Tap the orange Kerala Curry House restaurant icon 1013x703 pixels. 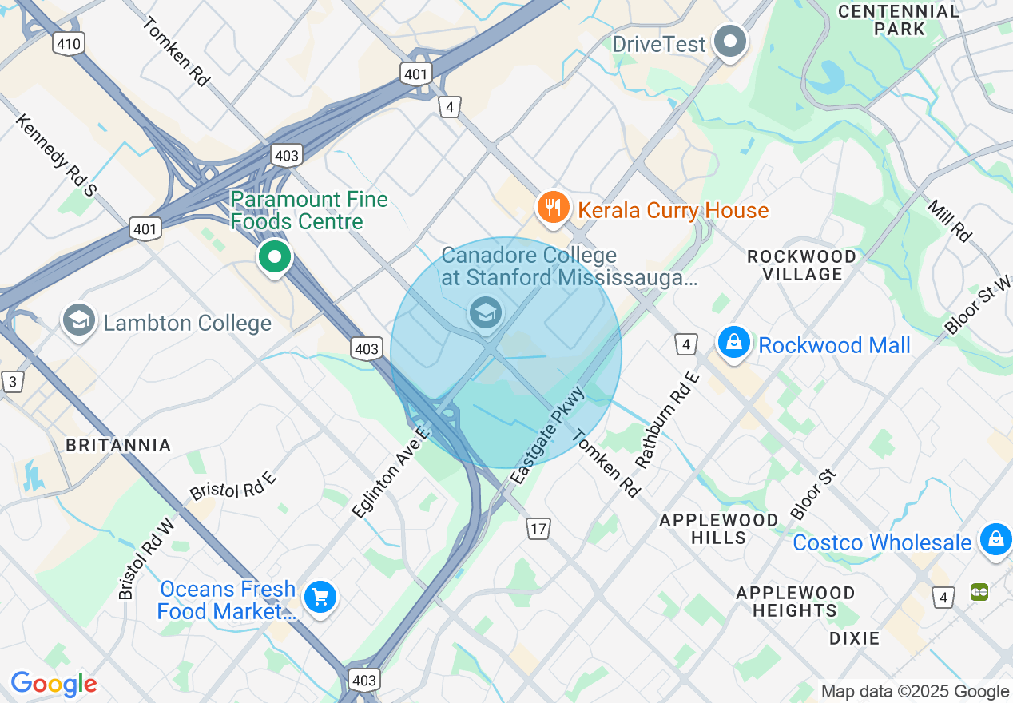[552, 208]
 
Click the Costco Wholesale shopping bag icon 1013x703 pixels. [995, 539]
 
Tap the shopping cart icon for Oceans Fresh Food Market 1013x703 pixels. [320, 597]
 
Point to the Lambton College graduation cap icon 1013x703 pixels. [78, 321]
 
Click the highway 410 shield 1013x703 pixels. [69, 43]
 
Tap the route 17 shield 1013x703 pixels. [538, 528]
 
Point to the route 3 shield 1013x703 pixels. [12, 382]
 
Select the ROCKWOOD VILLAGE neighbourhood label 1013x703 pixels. [801, 265]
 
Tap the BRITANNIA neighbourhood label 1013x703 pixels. [118, 445]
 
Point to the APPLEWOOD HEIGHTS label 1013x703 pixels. [795, 602]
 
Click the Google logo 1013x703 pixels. [54, 684]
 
